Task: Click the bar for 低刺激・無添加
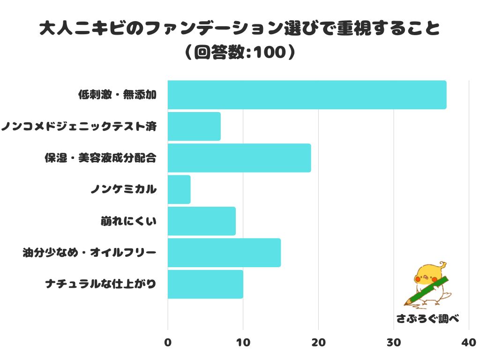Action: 307,95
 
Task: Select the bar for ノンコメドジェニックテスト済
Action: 194,126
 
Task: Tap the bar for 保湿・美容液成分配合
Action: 239,158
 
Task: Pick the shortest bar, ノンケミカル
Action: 179,189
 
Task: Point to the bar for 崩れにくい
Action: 202,221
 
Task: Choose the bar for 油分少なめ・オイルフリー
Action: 224,253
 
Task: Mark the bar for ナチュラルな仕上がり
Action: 205,284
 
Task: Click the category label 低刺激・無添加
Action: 117,95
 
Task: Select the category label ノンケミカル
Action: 124,190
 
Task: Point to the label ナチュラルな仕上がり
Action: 100,284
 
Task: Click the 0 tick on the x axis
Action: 168,343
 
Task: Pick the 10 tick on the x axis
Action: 243,343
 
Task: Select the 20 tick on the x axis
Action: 318,343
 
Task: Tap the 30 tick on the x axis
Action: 394,343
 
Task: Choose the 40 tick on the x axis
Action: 469,343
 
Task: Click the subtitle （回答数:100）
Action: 240,52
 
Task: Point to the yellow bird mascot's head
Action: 427,274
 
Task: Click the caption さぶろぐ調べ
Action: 427,319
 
